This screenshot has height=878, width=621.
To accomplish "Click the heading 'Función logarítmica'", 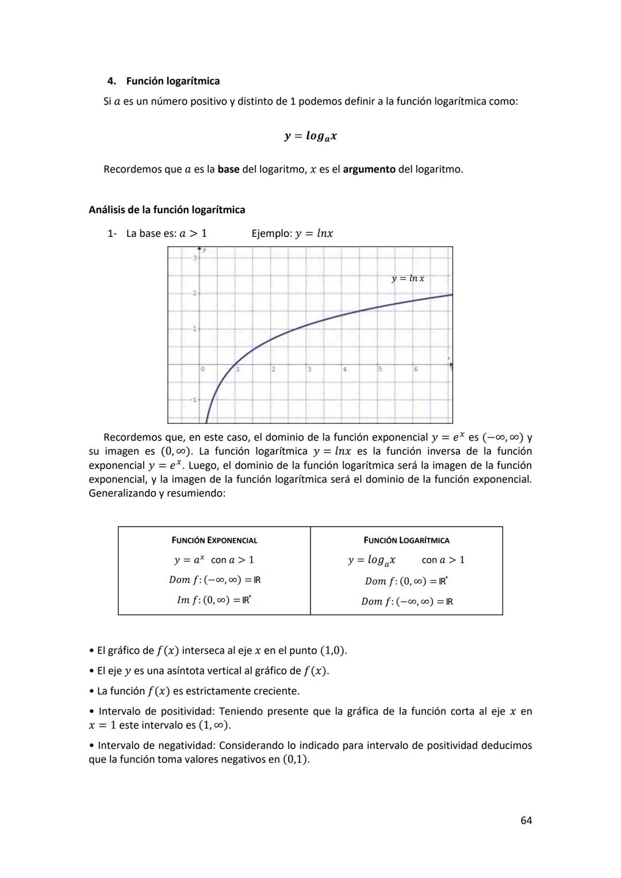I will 172,81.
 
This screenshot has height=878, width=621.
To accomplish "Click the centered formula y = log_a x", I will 310,136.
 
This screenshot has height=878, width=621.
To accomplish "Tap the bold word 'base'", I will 228,170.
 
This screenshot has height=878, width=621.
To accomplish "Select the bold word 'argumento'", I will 369,170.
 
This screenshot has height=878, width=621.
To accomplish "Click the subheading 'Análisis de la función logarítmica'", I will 167,210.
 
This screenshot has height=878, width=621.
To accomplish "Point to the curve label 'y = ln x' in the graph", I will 408,278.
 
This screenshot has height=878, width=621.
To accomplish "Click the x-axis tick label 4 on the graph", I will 345,369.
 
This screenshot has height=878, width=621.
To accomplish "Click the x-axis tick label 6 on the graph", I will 416,369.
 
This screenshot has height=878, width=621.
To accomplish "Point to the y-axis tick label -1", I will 193,400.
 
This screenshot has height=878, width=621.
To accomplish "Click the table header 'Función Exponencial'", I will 214,540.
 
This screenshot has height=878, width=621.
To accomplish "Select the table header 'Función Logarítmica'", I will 407,540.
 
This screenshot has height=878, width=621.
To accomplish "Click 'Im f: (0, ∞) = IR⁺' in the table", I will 214,600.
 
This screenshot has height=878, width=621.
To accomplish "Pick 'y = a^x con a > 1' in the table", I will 214,560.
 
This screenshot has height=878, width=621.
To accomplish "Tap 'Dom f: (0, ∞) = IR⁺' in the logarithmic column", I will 407,581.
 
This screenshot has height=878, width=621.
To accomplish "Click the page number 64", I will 526,821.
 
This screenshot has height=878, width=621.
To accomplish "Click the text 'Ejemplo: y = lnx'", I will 292,233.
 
